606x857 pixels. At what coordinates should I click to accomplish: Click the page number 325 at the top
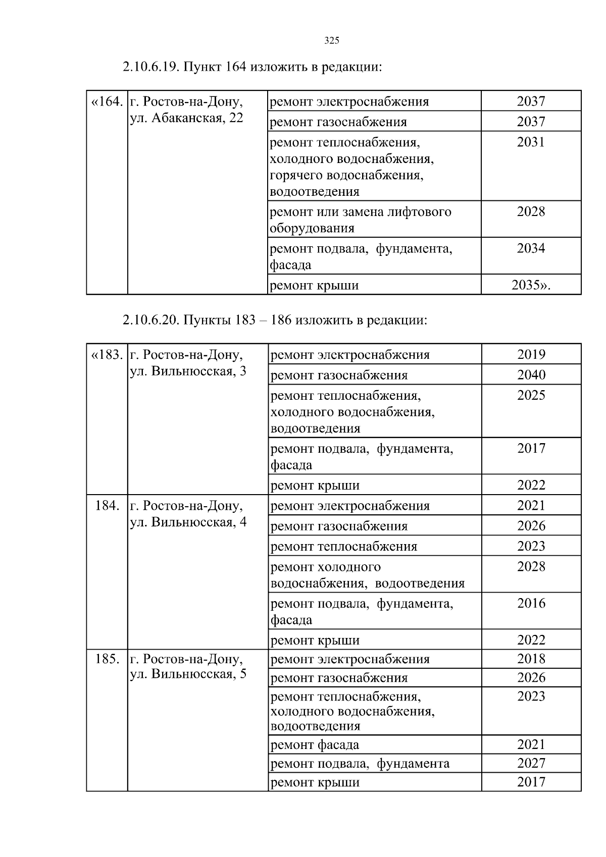tap(331, 41)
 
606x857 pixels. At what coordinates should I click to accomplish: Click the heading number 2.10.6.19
tap(150, 67)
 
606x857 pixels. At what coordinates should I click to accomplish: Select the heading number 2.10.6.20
tap(150, 320)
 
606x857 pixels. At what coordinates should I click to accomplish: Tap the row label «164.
tap(107, 102)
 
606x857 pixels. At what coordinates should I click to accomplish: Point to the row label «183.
tap(107, 355)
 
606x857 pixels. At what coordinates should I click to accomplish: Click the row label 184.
tap(107, 505)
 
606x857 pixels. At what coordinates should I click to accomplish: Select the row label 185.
tap(107, 659)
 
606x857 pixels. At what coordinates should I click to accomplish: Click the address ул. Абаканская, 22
tap(187, 119)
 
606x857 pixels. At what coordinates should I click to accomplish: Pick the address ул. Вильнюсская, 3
tap(188, 371)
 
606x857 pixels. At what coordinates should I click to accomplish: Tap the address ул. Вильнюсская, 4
tap(188, 522)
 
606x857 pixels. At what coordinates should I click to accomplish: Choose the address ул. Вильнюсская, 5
tap(188, 674)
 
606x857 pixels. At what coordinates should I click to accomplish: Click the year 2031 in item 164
tap(531, 142)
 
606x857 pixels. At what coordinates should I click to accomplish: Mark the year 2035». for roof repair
tap(531, 285)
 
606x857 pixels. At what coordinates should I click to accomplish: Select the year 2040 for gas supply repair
tap(531, 375)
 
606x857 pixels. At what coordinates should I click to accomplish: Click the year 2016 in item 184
tap(531, 603)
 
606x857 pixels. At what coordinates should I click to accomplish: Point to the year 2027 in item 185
tap(531, 763)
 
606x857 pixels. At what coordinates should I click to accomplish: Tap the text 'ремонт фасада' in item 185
tap(315, 744)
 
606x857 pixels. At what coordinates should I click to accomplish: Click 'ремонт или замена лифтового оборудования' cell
tap(361, 220)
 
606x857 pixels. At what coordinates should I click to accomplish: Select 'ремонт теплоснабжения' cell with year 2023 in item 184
tap(344, 547)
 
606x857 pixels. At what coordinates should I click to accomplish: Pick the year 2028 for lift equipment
tap(531, 211)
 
